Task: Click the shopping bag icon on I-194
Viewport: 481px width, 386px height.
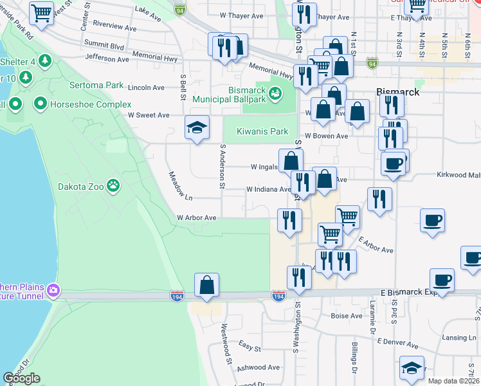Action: pos(206,285)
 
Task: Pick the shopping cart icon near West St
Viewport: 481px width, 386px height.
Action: pos(42,12)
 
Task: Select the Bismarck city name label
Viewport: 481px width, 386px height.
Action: pos(398,92)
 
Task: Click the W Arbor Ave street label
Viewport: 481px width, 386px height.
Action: pos(197,217)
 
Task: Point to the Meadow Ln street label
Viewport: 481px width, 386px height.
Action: pos(181,185)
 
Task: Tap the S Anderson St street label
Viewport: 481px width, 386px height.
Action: pos(222,166)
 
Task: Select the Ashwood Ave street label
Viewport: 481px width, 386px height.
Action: pos(259,367)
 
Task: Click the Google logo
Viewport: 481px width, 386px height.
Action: pos(22,378)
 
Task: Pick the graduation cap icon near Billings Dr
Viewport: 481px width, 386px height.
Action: pos(412,367)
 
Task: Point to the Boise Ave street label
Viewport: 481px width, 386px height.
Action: pos(347,316)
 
